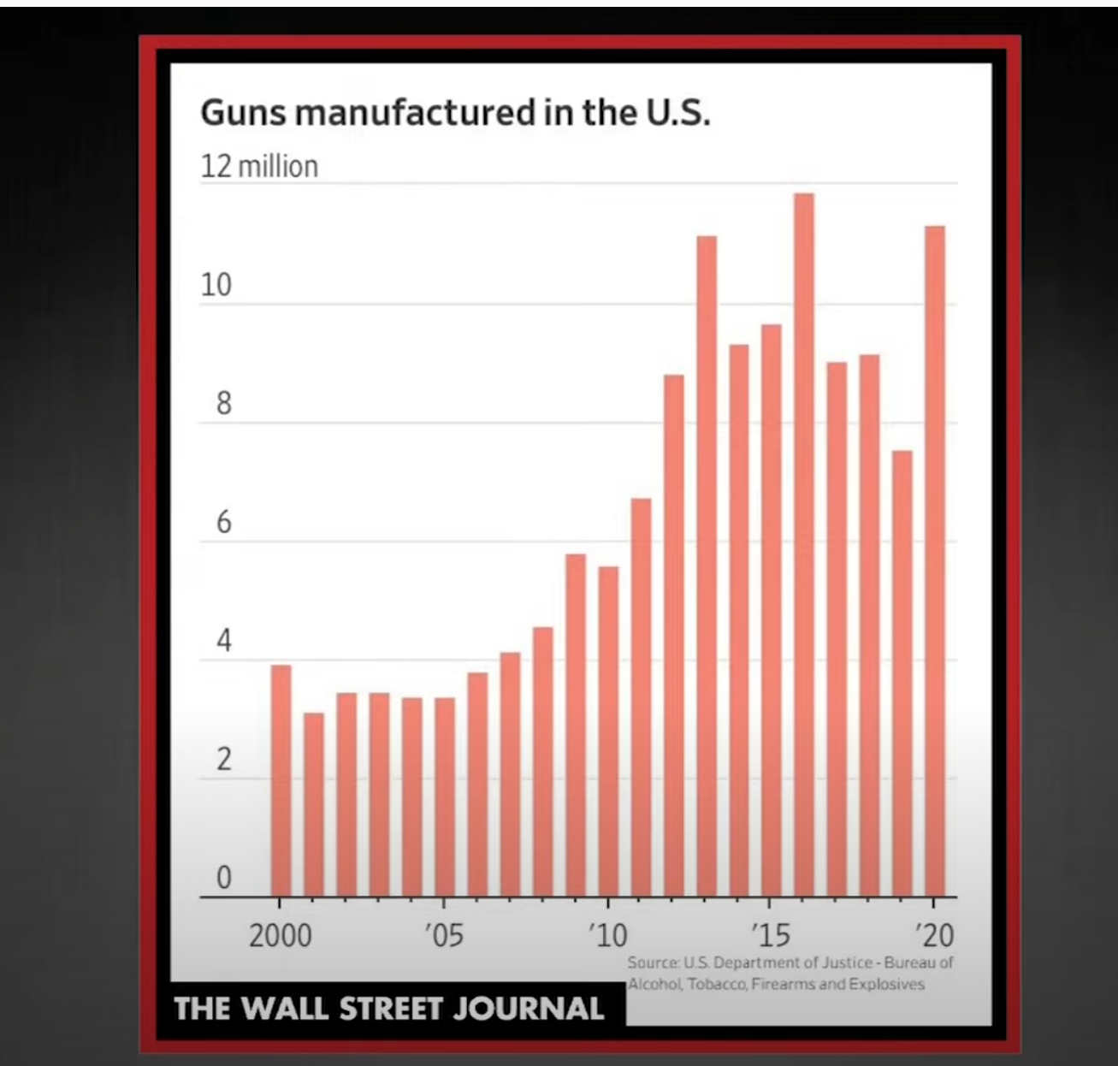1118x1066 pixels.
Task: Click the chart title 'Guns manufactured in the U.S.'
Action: click(x=454, y=113)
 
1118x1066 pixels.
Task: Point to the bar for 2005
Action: click(x=445, y=797)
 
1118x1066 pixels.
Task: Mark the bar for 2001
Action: click(x=314, y=804)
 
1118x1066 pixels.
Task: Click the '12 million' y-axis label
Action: click(x=259, y=166)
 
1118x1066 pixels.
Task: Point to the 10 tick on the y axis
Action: click(x=216, y=285)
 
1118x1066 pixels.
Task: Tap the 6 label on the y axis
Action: click(x=223, y=522)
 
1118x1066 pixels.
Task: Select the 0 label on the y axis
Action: click(x=223, y=877)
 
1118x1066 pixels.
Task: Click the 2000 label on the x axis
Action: click(x=281, y=935)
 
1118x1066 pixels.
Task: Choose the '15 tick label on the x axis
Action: click(x=770, y=935)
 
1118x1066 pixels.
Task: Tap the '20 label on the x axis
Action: click(x=934, y=935)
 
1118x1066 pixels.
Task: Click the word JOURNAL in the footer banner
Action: click(x=528, y=1008)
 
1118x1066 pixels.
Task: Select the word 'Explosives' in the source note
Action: click(x=892, y=984)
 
